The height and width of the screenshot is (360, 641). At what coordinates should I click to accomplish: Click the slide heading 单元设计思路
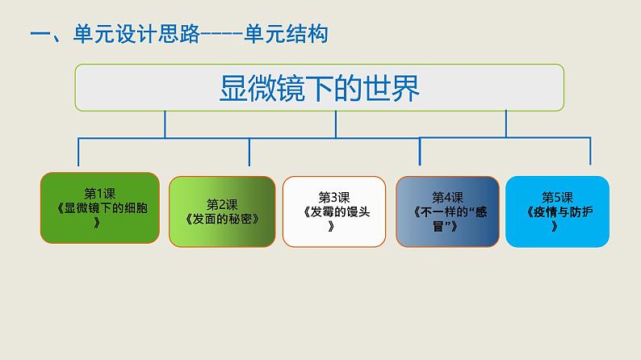(x=136, y=34)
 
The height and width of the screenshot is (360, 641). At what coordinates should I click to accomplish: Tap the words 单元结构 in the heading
(x=286, y=34)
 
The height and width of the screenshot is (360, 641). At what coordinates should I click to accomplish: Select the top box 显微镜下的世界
(x=319, y=87)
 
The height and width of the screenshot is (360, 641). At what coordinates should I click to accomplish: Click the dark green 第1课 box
(x=100, y=208)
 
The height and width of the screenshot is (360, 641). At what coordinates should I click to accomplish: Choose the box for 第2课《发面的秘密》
(x=222, y=211)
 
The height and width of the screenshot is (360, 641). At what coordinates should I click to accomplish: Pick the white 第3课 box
(x=334, y=211)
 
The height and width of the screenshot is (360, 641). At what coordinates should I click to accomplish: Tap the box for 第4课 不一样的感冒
(x=447, y=211)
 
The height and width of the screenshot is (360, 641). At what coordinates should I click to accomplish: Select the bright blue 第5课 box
(x=557, y=211)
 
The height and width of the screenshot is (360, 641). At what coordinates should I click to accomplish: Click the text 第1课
(x=100, y=193)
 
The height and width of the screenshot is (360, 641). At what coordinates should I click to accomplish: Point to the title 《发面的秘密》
(x=222, y=219)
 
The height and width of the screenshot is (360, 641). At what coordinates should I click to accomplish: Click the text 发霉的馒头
(x=340, y=211)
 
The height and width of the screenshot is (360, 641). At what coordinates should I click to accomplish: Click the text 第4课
(x=447, y=198)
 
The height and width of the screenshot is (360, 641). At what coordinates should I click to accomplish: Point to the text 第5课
(x=557, y=198)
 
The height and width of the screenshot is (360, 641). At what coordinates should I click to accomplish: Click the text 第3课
(x=334, y=198)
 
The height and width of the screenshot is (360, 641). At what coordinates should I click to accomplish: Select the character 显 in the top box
(x=234, y=88)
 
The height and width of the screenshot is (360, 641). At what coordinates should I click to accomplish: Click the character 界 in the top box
(x=405, y=88)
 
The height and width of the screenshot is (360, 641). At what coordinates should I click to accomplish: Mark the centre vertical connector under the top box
(x=336, y=124)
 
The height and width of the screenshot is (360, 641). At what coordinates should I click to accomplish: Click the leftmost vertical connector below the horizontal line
(x=78, y=152)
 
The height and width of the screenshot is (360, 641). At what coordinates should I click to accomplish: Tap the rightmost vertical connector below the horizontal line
(x=590, y=151)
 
